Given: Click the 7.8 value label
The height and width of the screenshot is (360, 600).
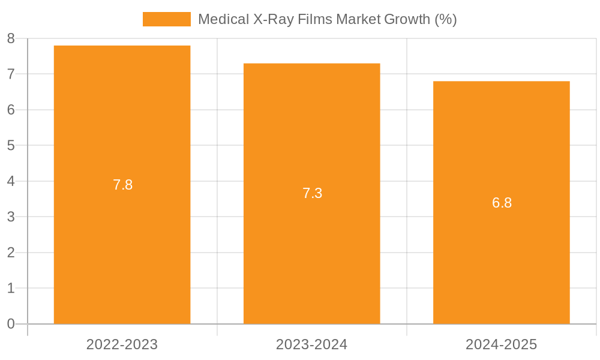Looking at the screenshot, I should (x=122, y=185).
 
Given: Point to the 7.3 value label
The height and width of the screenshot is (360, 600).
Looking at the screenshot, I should (x=312, y=193).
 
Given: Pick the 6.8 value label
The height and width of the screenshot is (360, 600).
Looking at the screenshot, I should (x=502, y=203).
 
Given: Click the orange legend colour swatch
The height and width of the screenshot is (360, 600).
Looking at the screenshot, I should (x=166, y=19).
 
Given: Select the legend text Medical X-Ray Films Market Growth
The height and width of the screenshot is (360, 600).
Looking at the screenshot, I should (x=327, y=19).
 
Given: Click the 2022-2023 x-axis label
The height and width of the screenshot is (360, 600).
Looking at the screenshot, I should (x=122, y=344).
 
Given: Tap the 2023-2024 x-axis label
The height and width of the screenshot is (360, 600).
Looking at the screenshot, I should (x=311, y=344).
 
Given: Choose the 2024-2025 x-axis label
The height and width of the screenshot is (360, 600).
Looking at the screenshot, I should (x=501, y=344).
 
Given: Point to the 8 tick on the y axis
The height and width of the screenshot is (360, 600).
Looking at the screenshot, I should (x=11, y=39).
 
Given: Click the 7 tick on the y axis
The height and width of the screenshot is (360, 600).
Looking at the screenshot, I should (x=11, y=74).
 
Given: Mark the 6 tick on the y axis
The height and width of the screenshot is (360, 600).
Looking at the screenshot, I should (x=11, y=110).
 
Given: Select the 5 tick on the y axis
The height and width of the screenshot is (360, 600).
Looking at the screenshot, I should (x=11, y=146).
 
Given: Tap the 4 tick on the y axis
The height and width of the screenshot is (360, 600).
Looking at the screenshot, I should (x=11, y=181).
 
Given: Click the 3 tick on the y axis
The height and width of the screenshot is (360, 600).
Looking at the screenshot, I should (x=11, y=217).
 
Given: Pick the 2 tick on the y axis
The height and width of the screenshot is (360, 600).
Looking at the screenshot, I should (x=11, y=253).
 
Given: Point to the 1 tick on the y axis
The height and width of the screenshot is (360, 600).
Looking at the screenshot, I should (x=11, y=288).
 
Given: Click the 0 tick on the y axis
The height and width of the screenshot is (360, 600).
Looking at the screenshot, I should (x=11, y=324).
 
